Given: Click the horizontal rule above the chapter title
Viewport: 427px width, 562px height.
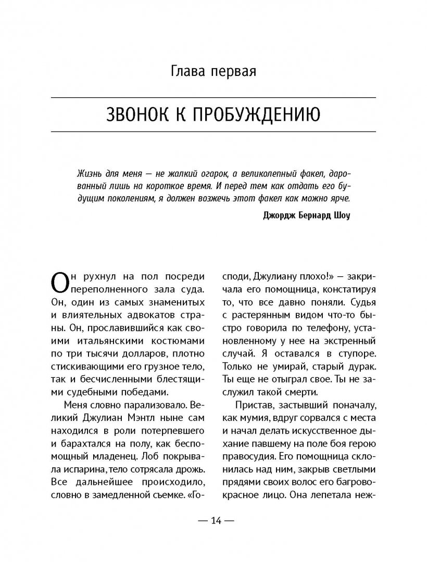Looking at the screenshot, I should (213, 97).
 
